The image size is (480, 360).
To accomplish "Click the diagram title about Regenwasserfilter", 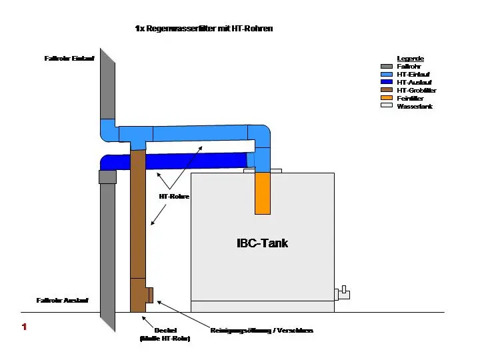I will click(203, 29).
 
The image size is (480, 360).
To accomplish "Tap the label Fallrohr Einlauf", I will click(69, 59).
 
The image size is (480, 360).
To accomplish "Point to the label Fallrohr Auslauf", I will click(63, 301).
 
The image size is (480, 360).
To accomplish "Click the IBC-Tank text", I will click(263, 243).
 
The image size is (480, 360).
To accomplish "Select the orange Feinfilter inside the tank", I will click(263, 193).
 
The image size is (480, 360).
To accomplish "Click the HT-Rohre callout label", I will click(174, 197).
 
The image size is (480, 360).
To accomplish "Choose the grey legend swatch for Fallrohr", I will click(386, 67).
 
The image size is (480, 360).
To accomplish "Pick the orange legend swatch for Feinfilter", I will click(386, 98).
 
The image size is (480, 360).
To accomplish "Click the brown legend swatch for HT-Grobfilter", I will click(386, 90).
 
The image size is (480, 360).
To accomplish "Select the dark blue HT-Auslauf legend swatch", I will click(386, 82).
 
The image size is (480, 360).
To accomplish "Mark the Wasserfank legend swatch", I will click(386, 105).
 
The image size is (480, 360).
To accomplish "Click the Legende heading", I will click(410, 59).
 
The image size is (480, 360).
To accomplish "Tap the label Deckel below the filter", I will click(165, 330).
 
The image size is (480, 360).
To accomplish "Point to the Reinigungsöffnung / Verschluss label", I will click(261, 330).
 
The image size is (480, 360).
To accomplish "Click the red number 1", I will click(24, 327).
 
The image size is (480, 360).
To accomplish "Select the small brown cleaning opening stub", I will click(150, 295).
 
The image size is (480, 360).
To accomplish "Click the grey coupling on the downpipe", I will click(107, 177).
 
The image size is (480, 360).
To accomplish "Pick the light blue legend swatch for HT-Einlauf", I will click(386, 75).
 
